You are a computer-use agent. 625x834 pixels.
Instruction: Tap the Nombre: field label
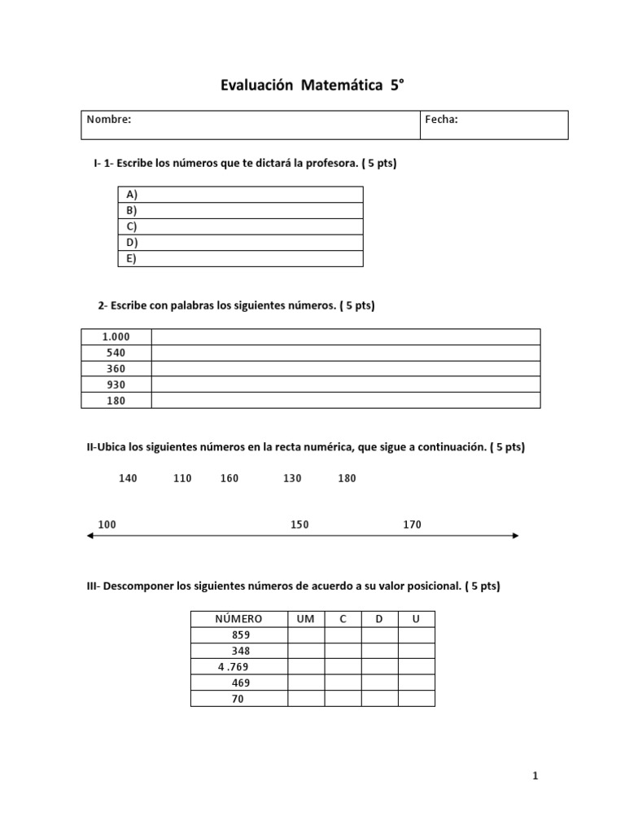[x=109, y=120]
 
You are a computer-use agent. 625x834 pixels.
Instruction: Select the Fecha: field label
[x=441, y=120]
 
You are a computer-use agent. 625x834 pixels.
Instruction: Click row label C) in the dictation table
[x=132, y=226]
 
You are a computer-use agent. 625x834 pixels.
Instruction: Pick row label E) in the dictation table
[x=132, y=259]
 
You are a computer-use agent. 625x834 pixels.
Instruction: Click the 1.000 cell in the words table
[x=116, y=337]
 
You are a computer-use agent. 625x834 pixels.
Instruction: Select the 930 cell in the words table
[x=116, y=384]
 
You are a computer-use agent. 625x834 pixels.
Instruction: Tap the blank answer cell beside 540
[x=345, y=353]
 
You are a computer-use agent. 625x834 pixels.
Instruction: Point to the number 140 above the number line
[x=128, y=478]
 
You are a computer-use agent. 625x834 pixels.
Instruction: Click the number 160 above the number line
[x=229, y=478]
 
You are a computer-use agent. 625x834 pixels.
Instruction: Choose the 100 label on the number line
[x=107, y=525]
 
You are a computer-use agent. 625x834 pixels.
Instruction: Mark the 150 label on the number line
[x=299, y=525]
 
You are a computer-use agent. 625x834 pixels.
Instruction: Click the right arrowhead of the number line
[x=515, y=535]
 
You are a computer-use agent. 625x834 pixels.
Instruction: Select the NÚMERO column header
[x=238, y=619]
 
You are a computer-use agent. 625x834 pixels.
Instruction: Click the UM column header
[x=306, y=619]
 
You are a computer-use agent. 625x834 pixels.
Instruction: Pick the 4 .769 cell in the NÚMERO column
[x=234, y=667]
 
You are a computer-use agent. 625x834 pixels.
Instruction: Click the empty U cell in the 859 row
[x=416, y=635]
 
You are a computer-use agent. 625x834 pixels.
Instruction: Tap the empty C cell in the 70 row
[x=343, y=699]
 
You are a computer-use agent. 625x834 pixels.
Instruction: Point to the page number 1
[x=535, y=776]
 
